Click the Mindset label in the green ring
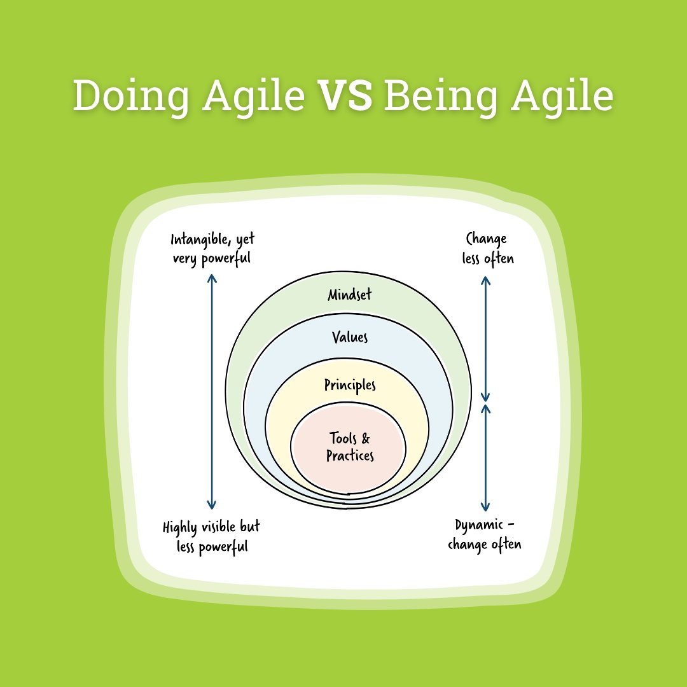click(x=349, y=295)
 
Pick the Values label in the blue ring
click(x=350, y=337)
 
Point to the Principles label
click(x=350, y=385)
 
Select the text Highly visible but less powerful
click(x=211, y=537)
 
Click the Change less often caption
click(x=487, y=249)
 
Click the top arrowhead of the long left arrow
click(x=212, y=278)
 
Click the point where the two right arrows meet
click(x=486, y=403)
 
